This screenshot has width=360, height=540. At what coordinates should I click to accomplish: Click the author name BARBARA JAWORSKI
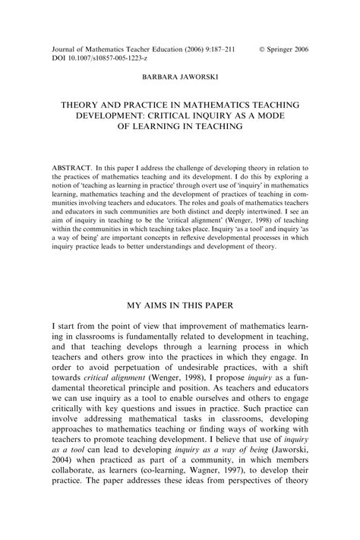click(179, 77)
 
